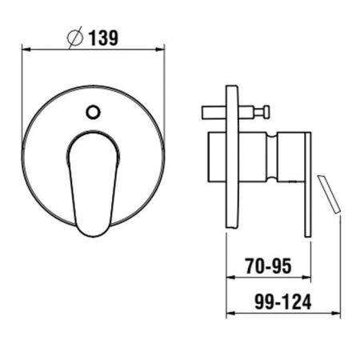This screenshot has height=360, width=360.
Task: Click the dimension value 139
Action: (x=103, y=38)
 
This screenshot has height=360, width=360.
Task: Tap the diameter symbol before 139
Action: (x=75, y=38)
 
